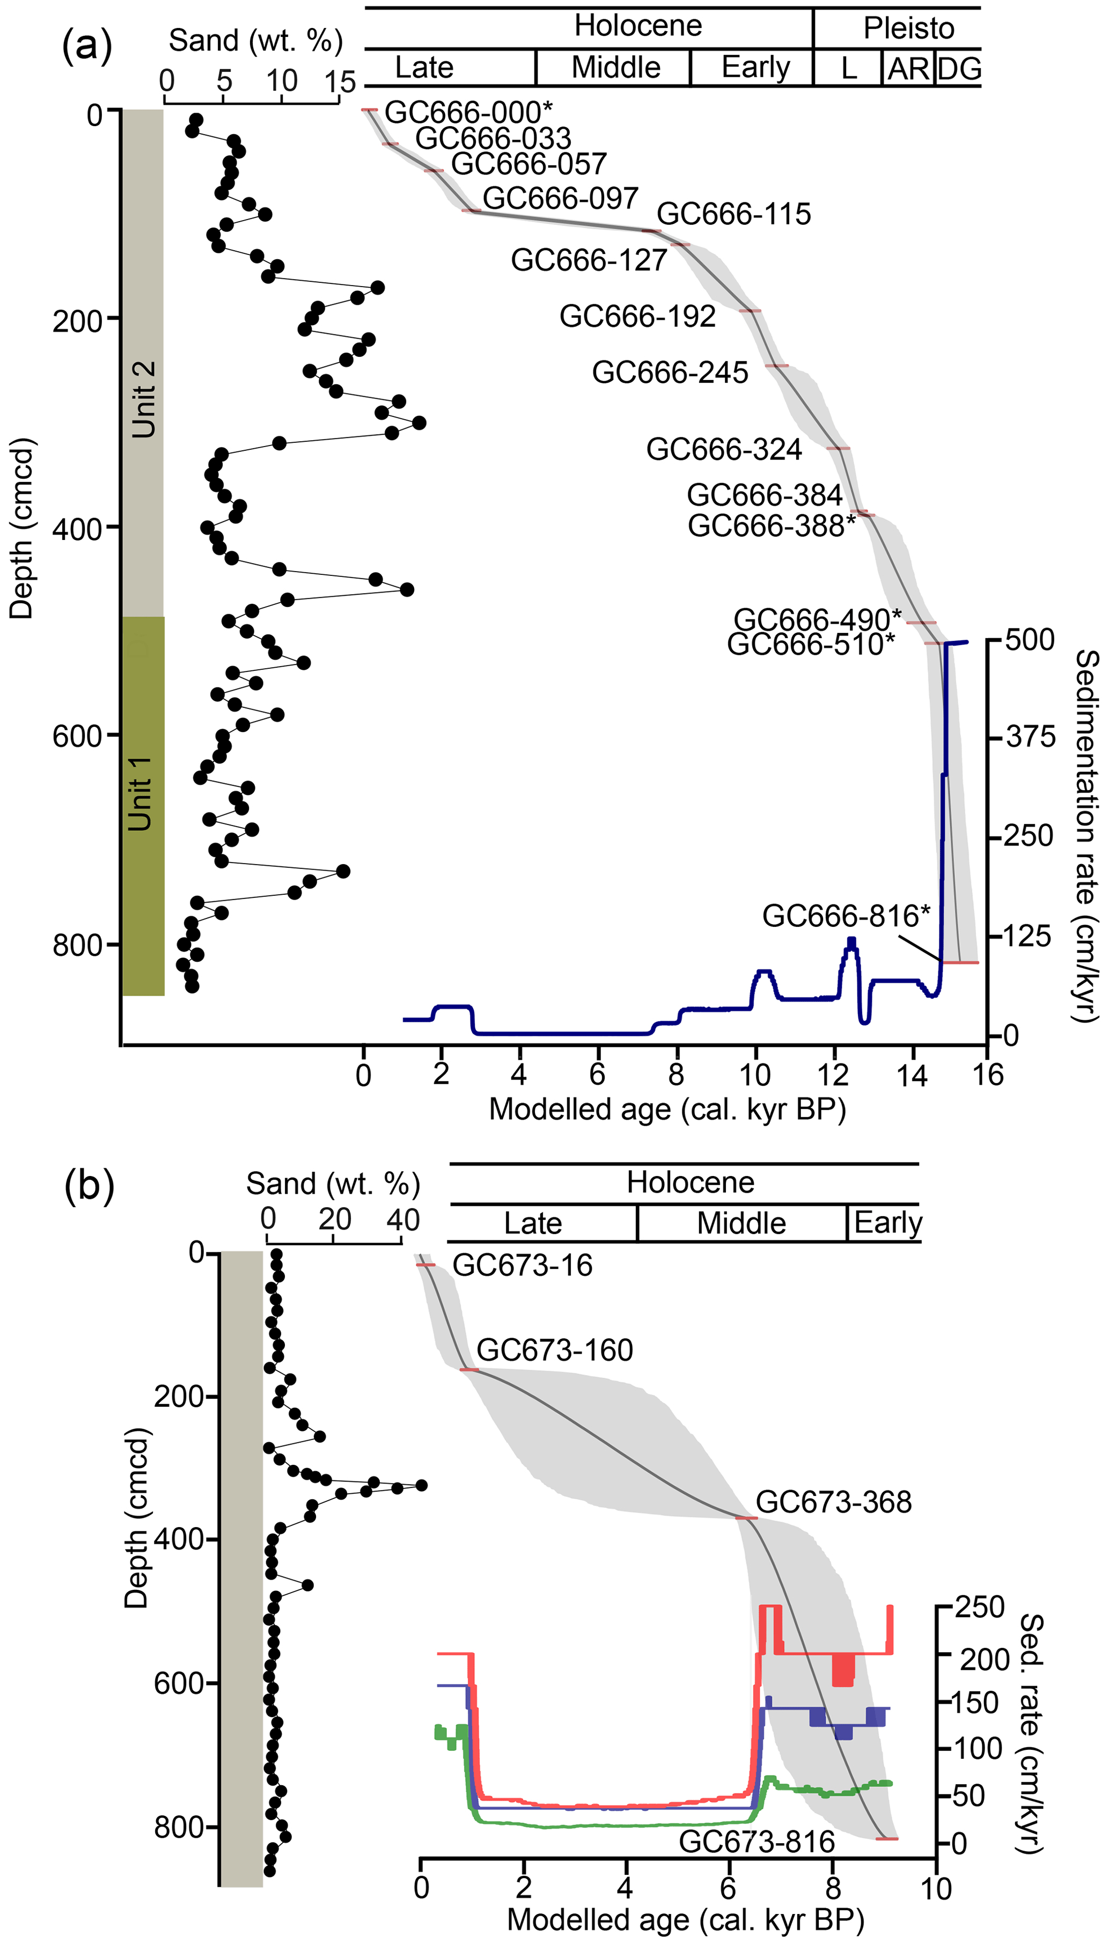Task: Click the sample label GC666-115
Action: (x=733, y=214)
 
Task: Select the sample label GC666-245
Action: (x=670, y=372)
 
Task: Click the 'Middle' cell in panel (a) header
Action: (x=615, y=68)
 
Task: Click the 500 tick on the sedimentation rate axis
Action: (x=1030, y=640)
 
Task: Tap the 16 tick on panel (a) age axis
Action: (x=988, y=1075)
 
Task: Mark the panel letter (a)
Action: (x=87, y=47)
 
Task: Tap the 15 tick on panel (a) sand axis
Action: (x=339, y=82)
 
